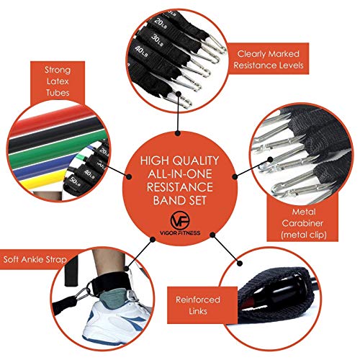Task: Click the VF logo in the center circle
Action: click(x=180, y=220)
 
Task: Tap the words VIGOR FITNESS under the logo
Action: click(x=180, y=233)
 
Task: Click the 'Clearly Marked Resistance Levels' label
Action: click(x=269, y=59)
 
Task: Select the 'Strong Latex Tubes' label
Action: click(x=58, y=81)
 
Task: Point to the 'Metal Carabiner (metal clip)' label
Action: click(x=303, y=223)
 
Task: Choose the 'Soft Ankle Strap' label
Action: click(x=35, y=259)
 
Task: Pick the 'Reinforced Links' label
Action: click(x=198, y=305)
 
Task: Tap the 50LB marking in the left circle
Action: click(x=74, y=181)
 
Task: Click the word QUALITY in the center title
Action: click(x=196, y=161)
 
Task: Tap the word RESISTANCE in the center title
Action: click(x=180, y=187)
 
